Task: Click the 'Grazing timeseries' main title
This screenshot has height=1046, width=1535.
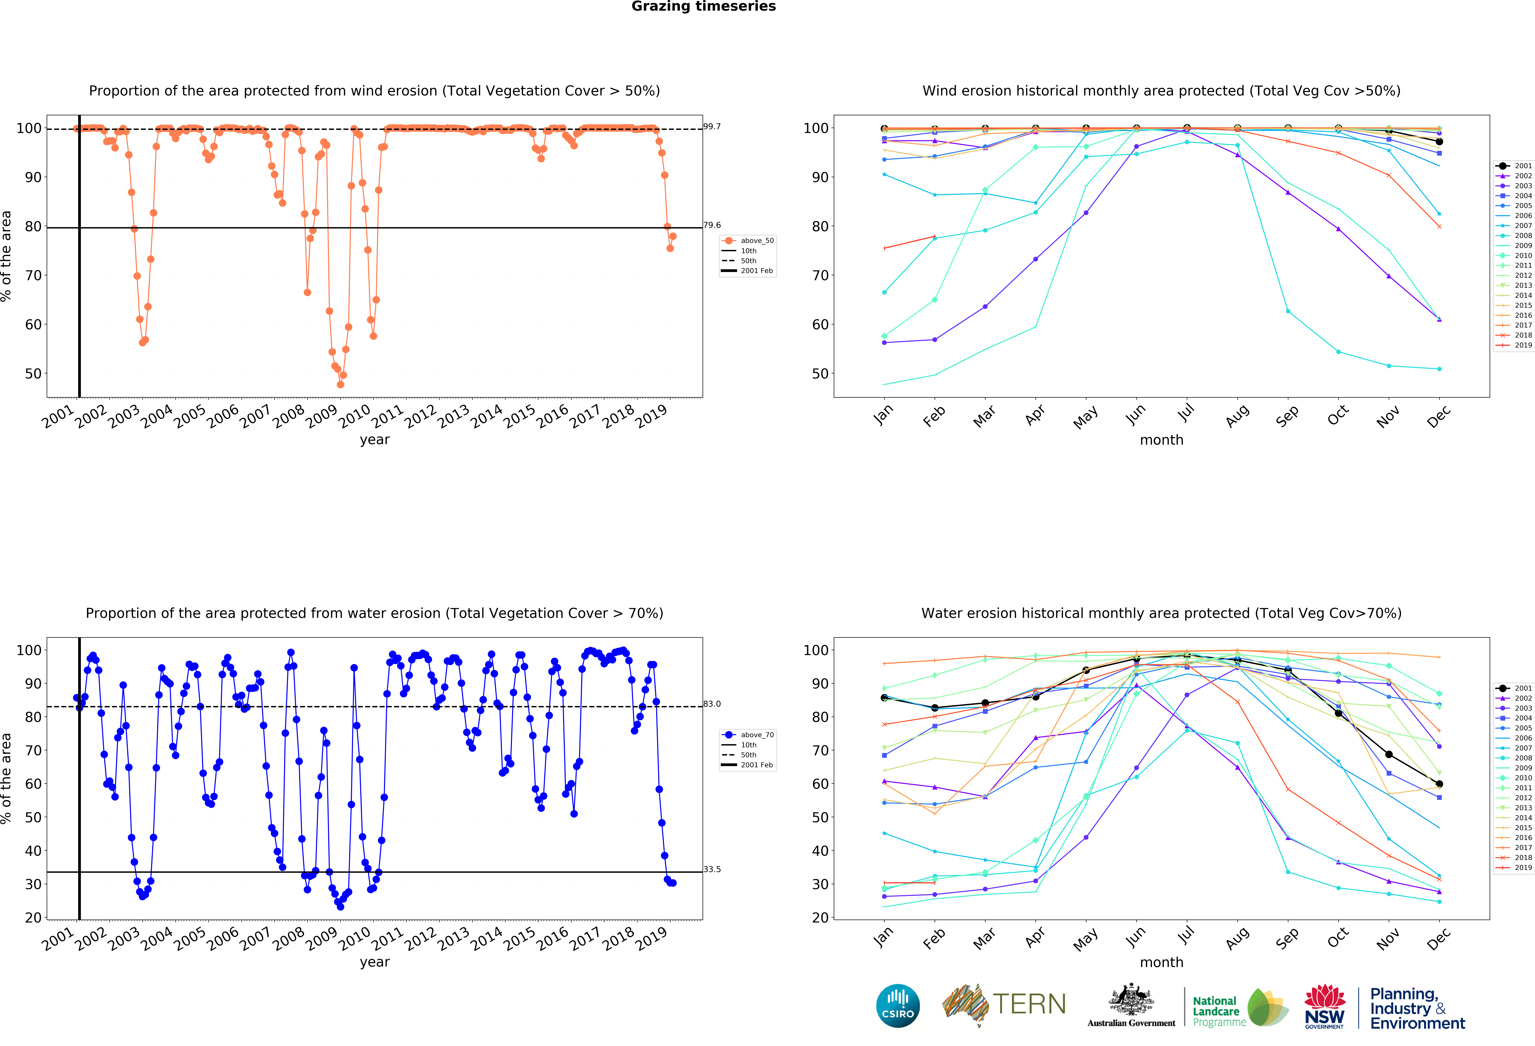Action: pyautogui.click(x=703, y=7)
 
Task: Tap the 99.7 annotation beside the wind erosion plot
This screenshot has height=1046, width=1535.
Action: pyautogui.click(x=712, y=126)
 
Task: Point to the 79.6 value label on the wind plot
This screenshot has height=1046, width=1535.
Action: pyautogui.click(x=712, y=225)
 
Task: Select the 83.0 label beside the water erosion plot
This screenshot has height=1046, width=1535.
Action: pyautogui.click(x=712, y=704)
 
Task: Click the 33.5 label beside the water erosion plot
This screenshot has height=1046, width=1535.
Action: pyautogui.click(x=712, y=869)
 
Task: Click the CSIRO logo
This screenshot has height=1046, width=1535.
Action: pyautogui.click(x=898, y=1006)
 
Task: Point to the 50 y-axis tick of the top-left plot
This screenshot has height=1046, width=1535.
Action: pyautogui.click(x=33, y=374)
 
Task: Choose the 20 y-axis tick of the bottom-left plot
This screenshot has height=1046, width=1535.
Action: pyautogui.click(x=33, y=917)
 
